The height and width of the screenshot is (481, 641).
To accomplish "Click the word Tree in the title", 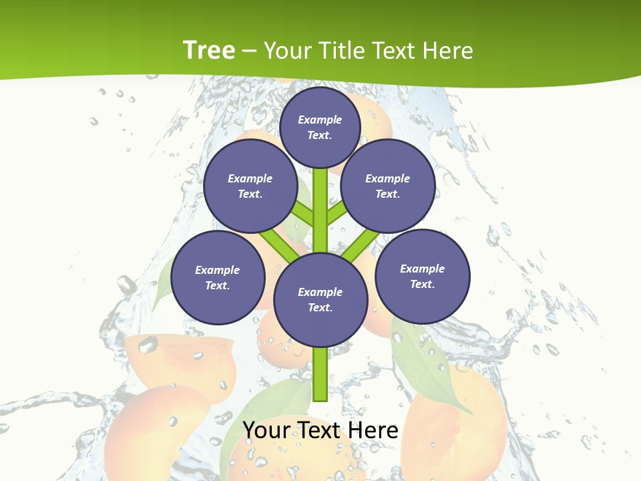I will click(x=208, y=50).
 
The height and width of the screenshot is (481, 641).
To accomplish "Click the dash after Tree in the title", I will click(x=249, y=51).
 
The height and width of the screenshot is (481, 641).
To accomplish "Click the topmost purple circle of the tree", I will click(x=320, y=127).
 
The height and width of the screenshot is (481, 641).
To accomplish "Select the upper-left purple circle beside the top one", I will click(x=250, y=186).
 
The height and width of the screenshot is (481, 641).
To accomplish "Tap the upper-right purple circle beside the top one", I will click(x=388, y=186).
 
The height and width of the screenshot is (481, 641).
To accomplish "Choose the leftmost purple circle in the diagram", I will click(x=218, y=278).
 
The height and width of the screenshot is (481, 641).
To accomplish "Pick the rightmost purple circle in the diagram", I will click(x=422, y=277).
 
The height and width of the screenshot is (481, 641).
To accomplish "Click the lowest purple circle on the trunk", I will click(x=320, y=300).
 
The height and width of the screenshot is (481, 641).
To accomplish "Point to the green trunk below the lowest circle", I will click(x=320, y=374).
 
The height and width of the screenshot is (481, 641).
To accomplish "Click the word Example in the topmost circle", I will click(x=320, y=120).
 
